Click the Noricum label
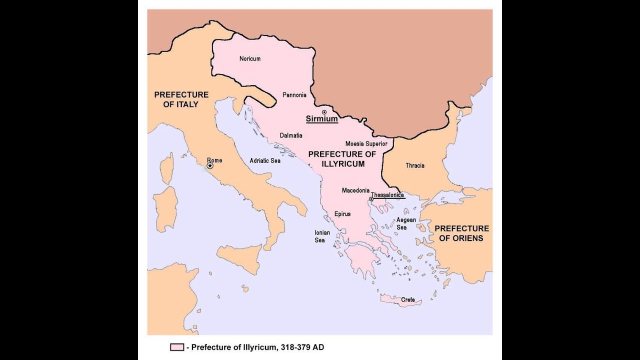[x=249, y=58]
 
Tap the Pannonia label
[x=294, y=94]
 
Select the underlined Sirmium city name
[x=321, y=119]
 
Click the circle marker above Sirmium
[x=324, y=112]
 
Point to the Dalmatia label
[x=290, y=135]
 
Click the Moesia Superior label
[x=366, y=144]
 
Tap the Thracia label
[x=415, y=165]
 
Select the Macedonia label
[x=355, y=190]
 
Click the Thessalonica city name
[x=387, y=195]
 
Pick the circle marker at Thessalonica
[x=370, y=199]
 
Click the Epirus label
[x=342, y=214]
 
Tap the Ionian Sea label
[x=319, y=236]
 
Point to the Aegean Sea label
[x=405, y=223]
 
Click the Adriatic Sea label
[x=265, y=161]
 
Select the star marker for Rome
[x=210, y=165]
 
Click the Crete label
[x=407, y=300]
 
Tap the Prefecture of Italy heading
[x=181, y=99]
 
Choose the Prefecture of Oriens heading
[x=461, y=233]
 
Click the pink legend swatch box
[x=177, y=347]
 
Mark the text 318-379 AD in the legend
[x=302, y=347]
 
